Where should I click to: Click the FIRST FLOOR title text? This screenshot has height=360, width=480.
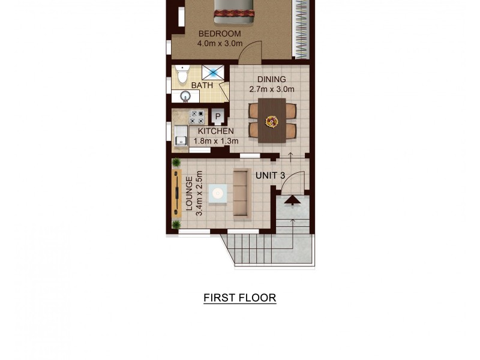click(x=239, y=298)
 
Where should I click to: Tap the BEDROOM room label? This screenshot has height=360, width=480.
click(x=220, y=34)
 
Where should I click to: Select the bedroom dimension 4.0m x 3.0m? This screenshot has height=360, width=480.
click(x=220, y=43)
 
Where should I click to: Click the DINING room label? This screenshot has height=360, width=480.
click(x=271, y=80)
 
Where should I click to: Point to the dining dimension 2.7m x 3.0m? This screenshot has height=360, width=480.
click(x=272, y=89)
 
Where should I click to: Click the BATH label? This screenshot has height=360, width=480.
click(x=202, y=85)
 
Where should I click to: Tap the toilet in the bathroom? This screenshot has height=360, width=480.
click(x=182, y=76)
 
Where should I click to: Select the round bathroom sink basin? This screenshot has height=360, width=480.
click(x=181, y=96)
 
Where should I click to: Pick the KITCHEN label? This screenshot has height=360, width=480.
click(x=211, y=131)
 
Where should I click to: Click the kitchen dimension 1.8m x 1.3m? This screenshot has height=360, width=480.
click(x=216, y=141)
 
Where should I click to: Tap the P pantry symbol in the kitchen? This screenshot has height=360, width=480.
click(x=217, y=116)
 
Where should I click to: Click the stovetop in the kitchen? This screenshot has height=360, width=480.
click(x=197, y=116)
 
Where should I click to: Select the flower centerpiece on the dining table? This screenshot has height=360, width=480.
click(x=272, y=122)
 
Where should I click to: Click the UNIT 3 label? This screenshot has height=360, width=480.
click(x=270, y=176)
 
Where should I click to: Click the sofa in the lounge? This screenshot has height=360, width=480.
click(x=242, y=192)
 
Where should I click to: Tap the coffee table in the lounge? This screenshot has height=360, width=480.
click(x=217, y=193)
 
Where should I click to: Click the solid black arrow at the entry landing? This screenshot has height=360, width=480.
click(x=292, y=200)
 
